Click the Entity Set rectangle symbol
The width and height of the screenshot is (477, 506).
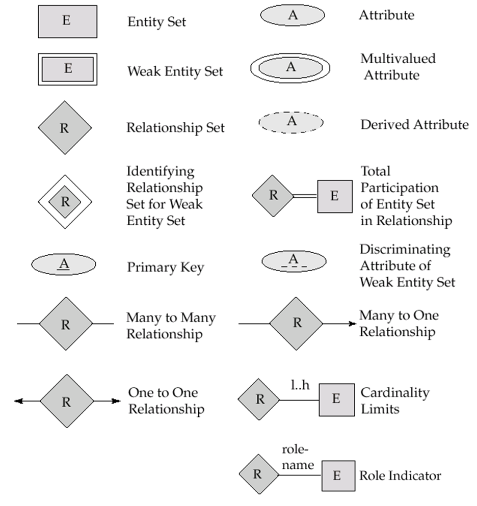(x=67, y=22)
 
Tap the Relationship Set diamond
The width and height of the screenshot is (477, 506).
(x=65, y=127)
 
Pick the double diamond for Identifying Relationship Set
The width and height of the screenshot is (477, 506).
(x=65, y=202)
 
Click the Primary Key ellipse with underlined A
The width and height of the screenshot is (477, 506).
(x=64, y=264)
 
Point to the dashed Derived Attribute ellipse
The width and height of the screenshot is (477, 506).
(x=291, y=122)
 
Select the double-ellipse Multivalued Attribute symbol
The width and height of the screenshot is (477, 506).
(x=290, y=68)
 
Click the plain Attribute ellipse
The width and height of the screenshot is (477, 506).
(x=293, y=16)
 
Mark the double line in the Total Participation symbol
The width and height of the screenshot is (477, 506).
(x=305, y=196)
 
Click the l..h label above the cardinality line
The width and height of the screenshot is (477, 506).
(x=300, y=386)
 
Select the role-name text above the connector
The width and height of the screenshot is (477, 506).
(x=298, y=458)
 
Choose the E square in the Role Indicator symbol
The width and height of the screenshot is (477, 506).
(x=338, y=476)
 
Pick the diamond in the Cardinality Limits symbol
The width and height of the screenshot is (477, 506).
(x=259, y=399)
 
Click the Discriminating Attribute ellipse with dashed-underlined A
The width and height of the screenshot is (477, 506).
(x=294, y=261)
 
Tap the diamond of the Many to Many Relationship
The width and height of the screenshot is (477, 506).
(x=66, y=324)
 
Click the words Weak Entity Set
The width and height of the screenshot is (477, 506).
(x=175, y=71)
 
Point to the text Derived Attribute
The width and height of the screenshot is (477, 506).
(x=414, y=124)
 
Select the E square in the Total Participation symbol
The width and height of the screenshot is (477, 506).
(x=335, y=196)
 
